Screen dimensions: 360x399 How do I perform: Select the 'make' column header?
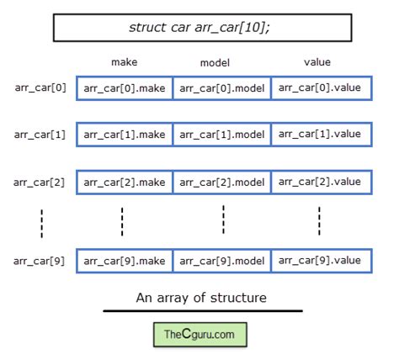tap(124, 62)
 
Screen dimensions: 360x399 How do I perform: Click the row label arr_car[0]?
tap(40, 87)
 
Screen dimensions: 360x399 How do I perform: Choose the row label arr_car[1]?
tap(40, 135)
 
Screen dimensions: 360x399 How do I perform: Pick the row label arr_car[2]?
tap(40, 182)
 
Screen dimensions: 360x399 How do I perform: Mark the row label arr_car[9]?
tap(40, 260)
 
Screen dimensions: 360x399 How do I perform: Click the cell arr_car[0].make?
tap(125, 88)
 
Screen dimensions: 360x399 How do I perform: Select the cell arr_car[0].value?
tap(321, 88)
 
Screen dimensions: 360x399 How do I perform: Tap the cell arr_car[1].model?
tap(222, 135)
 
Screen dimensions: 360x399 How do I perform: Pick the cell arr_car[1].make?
tap(125, 135)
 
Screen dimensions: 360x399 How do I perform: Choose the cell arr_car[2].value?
tap(321, 182)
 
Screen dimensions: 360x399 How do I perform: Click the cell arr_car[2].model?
tap(222, 182)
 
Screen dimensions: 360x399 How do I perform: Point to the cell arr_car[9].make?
tap(125, 261)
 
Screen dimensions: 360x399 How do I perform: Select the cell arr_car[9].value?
tap(321, 261)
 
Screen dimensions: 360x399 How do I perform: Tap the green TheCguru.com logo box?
tap(199, 335)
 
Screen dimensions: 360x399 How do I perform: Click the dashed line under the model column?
tap(223, 220)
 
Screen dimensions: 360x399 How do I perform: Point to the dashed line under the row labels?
tap(41, 222)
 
